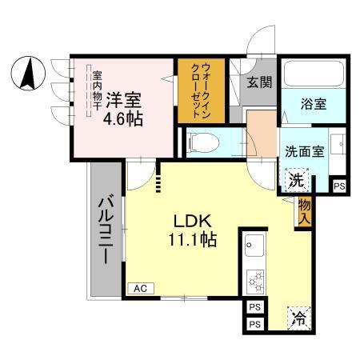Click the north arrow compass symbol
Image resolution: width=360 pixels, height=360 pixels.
(x=27, y=74)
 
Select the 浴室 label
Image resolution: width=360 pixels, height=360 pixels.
(x=313, y=103)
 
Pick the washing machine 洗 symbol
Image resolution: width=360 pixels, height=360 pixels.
(x=296, y=180)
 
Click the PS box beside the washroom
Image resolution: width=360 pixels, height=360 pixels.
(x=340, y=184)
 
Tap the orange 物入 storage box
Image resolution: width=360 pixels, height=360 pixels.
(x=304, y=212)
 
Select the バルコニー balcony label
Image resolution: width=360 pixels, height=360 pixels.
(x=106, y=228)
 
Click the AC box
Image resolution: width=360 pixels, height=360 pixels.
(x=140, y=288)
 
